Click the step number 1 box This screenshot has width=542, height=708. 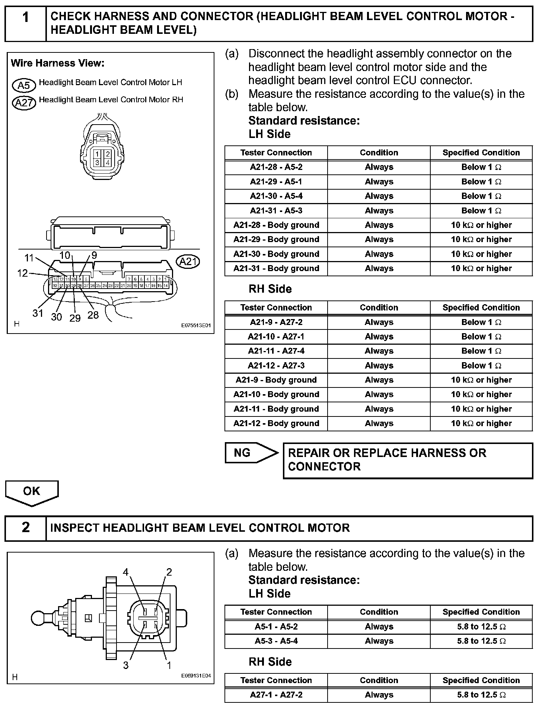[25, 23]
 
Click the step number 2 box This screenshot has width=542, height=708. [25, 528]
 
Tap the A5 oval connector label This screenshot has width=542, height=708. [24, 85]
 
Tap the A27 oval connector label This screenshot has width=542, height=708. [24, 102]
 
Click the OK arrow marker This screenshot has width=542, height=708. [32, 492]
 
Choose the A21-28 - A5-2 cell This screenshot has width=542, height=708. [276, 167]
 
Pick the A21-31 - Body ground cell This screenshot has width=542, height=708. [276, 268]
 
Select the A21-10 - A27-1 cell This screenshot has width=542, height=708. [276, 337]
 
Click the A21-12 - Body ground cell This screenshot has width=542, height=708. [276, 424]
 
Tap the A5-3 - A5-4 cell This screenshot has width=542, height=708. [276, 641]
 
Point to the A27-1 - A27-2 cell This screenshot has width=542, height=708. [276, 695]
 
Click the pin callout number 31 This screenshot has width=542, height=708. [38, 313]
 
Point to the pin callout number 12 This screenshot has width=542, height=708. [22, 273]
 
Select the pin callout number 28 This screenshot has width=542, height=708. [93, 315]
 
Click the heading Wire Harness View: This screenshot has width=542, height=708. [58, 63]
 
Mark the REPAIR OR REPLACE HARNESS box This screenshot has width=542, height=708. [408, 460]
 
